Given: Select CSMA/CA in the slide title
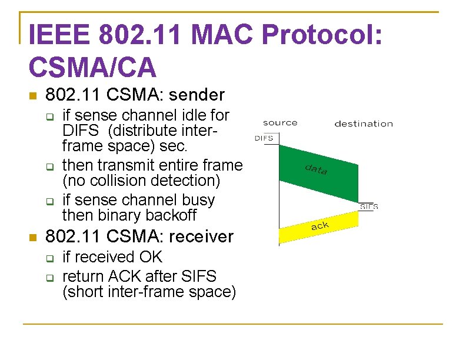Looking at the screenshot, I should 92,67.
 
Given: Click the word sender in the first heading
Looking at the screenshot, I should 197,94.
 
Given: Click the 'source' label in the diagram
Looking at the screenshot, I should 280,123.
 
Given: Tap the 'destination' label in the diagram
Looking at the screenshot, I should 364,124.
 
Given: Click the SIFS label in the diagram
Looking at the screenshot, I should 369,206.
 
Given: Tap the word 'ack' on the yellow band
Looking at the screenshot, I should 319,225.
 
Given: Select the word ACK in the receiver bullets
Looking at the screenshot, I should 126,276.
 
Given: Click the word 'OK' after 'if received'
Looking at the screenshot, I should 151,258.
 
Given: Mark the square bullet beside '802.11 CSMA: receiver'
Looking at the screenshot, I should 33,238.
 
